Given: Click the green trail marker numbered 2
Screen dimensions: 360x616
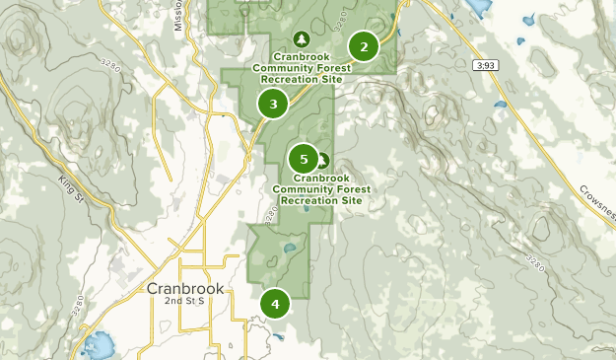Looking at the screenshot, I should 364,46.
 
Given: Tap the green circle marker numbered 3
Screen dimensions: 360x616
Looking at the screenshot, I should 273,103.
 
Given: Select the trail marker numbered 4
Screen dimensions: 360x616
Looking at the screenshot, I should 275,304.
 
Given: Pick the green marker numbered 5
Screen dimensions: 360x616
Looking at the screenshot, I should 304,158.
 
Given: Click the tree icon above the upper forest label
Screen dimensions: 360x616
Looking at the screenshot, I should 302,39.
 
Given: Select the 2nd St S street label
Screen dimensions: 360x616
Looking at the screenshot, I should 183,301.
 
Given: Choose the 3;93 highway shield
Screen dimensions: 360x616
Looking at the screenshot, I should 484,65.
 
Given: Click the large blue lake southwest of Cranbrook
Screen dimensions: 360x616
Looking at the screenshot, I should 98,345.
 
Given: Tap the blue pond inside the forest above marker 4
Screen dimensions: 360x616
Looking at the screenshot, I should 290,248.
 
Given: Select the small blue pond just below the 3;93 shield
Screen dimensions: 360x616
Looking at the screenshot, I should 500,104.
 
